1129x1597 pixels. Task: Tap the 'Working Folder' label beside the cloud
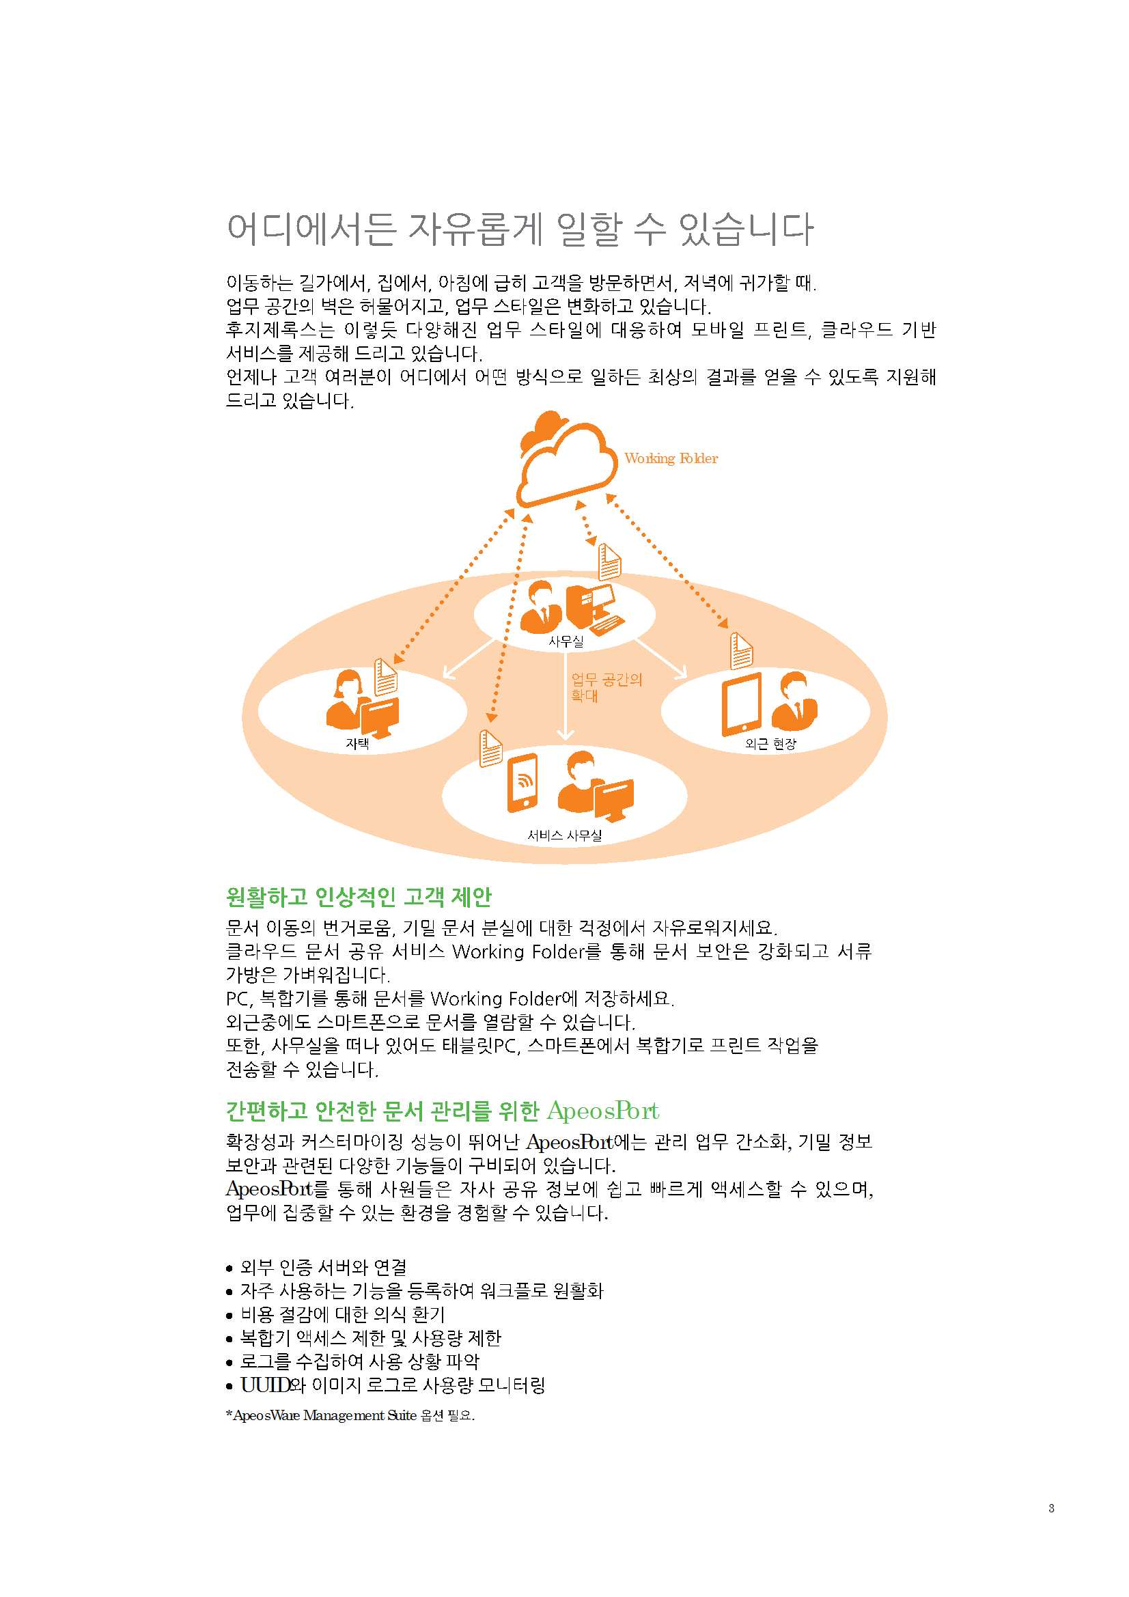pyautogui.click(x=671, y=458)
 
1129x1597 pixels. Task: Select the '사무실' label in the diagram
pyautogui.click(x=566, y=642)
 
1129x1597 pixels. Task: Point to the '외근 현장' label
pyautogui.click(x=770, y=744)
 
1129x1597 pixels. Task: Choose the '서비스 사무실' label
pyautogui.click(x=564, y=835)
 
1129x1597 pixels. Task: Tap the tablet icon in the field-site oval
pyautogui.click(x=742, y=704)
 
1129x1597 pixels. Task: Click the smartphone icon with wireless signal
pyautogui.click(x=524, y=783)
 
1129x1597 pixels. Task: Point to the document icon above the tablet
pyautogui.click(x=741, y=651)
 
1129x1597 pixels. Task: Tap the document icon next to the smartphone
pyautogui.click(x=490, y=749)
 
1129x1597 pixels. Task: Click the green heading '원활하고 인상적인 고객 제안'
pyautogui.click(x=359, y=898)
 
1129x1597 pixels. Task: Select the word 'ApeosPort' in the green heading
pyautogui.click(x=602, y=1111)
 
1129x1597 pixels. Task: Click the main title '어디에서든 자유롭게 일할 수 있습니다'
pyautogui.click(x=520, y=229)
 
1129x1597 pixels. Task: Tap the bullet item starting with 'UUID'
pyautogui.click(x=386, y=1385)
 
